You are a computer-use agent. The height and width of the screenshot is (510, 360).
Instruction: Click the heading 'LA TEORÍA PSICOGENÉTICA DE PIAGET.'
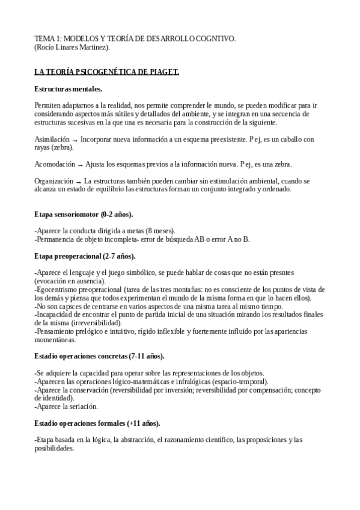point(107,72)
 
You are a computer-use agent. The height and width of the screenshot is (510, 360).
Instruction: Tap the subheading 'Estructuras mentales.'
point(69,88)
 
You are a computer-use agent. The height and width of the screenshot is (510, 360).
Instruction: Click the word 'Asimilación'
point(52,139)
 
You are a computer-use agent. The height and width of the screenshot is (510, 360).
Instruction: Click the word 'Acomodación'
point(54,164)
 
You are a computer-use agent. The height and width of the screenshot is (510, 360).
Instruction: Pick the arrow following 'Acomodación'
point(79,164)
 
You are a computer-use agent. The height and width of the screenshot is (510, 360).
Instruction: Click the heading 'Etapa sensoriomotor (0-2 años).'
point(84,214)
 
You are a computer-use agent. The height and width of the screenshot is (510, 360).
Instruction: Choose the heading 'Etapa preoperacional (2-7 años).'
point(85,256)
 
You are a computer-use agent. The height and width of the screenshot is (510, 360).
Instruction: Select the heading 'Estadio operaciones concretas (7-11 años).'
point(100,356)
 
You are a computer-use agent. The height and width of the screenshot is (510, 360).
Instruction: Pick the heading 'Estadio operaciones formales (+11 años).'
point(97,423)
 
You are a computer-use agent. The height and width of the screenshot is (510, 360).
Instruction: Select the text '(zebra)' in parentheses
point(60,147)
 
